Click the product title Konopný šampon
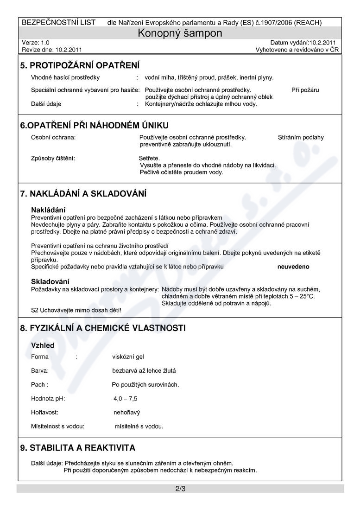180,33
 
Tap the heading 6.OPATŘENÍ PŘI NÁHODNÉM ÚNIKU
94,125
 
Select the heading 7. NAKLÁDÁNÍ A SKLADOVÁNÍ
83,193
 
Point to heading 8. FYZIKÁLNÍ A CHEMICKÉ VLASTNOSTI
103,328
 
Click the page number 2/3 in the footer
180,489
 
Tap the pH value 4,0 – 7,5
125,398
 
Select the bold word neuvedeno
293,267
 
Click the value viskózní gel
128,357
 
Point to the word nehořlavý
126,412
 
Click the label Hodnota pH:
48,398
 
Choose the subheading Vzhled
43,345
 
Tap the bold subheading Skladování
50,281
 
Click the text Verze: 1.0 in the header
36,42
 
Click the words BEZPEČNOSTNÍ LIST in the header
59,22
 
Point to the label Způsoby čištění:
53,158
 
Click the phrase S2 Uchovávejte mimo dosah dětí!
76,310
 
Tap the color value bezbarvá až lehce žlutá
144,371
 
